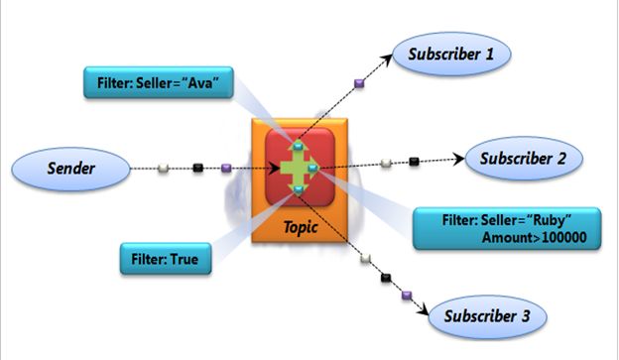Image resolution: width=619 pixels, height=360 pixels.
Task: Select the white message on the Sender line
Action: point(164,169)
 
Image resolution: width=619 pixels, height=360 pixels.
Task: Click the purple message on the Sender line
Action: point(227,169)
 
